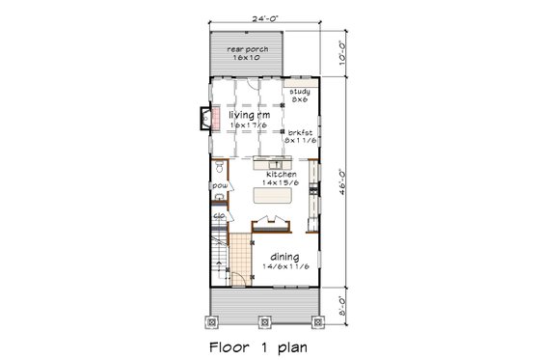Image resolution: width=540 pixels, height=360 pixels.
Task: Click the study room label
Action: [x=299, y=91]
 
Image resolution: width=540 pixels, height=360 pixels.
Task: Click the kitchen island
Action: [x=270, y=196]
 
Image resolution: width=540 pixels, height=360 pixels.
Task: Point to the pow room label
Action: [x=219, y=185]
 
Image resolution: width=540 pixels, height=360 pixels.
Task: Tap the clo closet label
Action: [x=219, y=217]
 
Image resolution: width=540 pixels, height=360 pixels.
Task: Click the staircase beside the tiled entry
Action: [x=221, y=253]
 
